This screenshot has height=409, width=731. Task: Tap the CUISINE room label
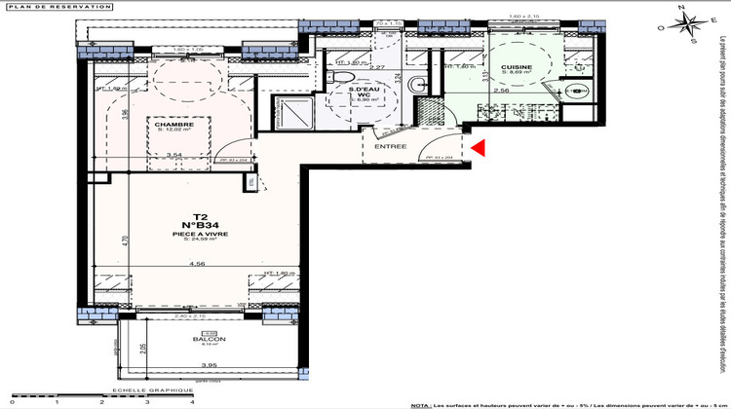(517, 67)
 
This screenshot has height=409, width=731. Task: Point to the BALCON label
(202, 339)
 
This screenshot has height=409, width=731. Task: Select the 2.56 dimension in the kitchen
(501, 91)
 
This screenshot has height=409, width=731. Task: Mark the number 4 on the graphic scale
(192, 401)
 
